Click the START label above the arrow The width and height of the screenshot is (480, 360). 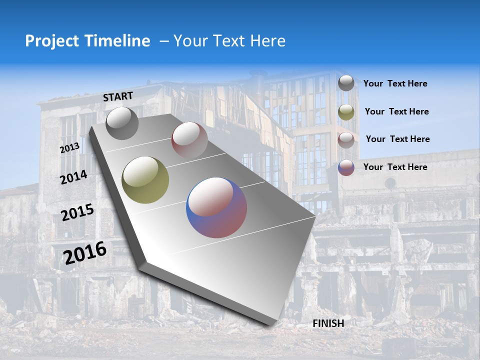(x=118, y=96)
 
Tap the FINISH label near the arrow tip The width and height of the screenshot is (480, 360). (x=328, y=323)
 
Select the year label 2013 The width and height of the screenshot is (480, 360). (x=69, y=148)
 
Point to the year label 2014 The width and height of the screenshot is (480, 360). (x=73, y=177)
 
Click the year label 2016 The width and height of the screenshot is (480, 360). (x=85, y=253)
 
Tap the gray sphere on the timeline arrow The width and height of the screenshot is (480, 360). (x=122, y=123)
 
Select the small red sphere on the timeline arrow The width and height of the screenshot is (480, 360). (x=189, y=139)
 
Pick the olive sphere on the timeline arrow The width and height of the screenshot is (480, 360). (x=145, y=179)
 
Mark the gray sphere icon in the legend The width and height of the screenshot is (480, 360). (x=346, y=83)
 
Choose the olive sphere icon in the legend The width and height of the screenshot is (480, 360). (x=346, y=112)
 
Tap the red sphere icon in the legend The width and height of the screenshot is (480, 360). (x=346, y=139)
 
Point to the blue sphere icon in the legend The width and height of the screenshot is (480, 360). (x=346, y=167)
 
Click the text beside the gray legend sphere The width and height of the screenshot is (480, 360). (x=395, y=84)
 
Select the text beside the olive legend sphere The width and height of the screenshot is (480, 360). (x=396, y=112)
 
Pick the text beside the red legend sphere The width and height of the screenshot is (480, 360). (x=397, y=139)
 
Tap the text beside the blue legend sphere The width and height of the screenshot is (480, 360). (x=395, y=167)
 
